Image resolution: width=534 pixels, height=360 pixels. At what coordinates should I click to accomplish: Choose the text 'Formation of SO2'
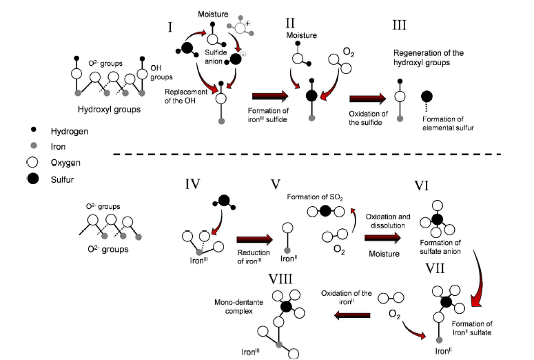click(x=316, y=198)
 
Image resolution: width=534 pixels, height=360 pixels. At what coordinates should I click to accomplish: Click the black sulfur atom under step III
click(x=427, y=97)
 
